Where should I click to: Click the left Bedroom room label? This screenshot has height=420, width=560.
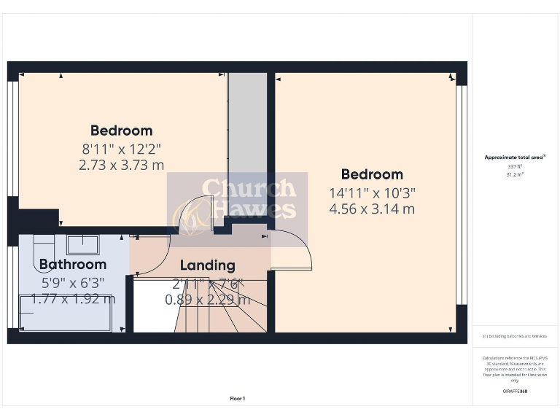(x=121, y=131)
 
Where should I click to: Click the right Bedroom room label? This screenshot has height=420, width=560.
(x=372, y=174)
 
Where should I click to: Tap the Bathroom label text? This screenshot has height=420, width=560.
(x=73, y=265)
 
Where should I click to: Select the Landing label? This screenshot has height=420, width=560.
(x=207, y=265)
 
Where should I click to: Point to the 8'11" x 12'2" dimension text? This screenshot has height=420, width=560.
(x=121, y=149)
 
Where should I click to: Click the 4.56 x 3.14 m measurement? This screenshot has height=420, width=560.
(x=372, y=209)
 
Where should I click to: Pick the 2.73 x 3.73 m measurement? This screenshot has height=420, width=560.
(x=121, y=166)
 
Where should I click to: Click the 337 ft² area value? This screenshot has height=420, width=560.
(x=516, y=167)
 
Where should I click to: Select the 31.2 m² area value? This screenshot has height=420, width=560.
(x=516, y=175)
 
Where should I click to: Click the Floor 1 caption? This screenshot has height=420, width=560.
(x=237, y=399)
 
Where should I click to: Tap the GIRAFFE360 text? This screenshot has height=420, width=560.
(x=516, y=392)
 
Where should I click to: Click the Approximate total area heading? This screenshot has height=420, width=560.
(x=516, y=157)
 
